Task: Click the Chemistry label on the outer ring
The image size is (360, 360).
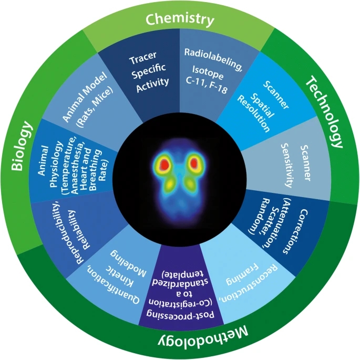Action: click(x=180, y=20)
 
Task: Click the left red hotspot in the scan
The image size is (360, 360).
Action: click(x=163, y=165)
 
